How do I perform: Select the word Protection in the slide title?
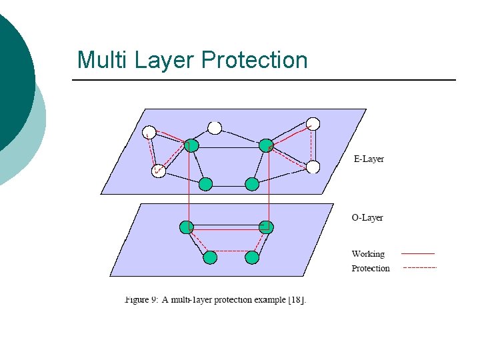click(254, 60)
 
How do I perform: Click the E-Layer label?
click(368, 159)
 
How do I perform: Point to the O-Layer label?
click(367, 218)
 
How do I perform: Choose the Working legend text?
click(368, 254)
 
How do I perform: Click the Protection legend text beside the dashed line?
click(371, 269)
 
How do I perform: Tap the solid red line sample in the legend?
click(419, 254)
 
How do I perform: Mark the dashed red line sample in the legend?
click(419, 268)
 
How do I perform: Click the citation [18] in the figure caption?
click(296, 300)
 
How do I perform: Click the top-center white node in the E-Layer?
click(215, 127)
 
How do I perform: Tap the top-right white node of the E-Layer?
click(313, 124)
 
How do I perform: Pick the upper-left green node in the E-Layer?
click(191, 146)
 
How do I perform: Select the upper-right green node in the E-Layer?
click(266, 145)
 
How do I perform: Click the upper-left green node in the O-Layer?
click(187, 227)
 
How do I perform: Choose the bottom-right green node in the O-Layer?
click(251, 257)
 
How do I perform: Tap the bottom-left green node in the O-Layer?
click(210, 257)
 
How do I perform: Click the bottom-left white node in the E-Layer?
click(158, 171)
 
